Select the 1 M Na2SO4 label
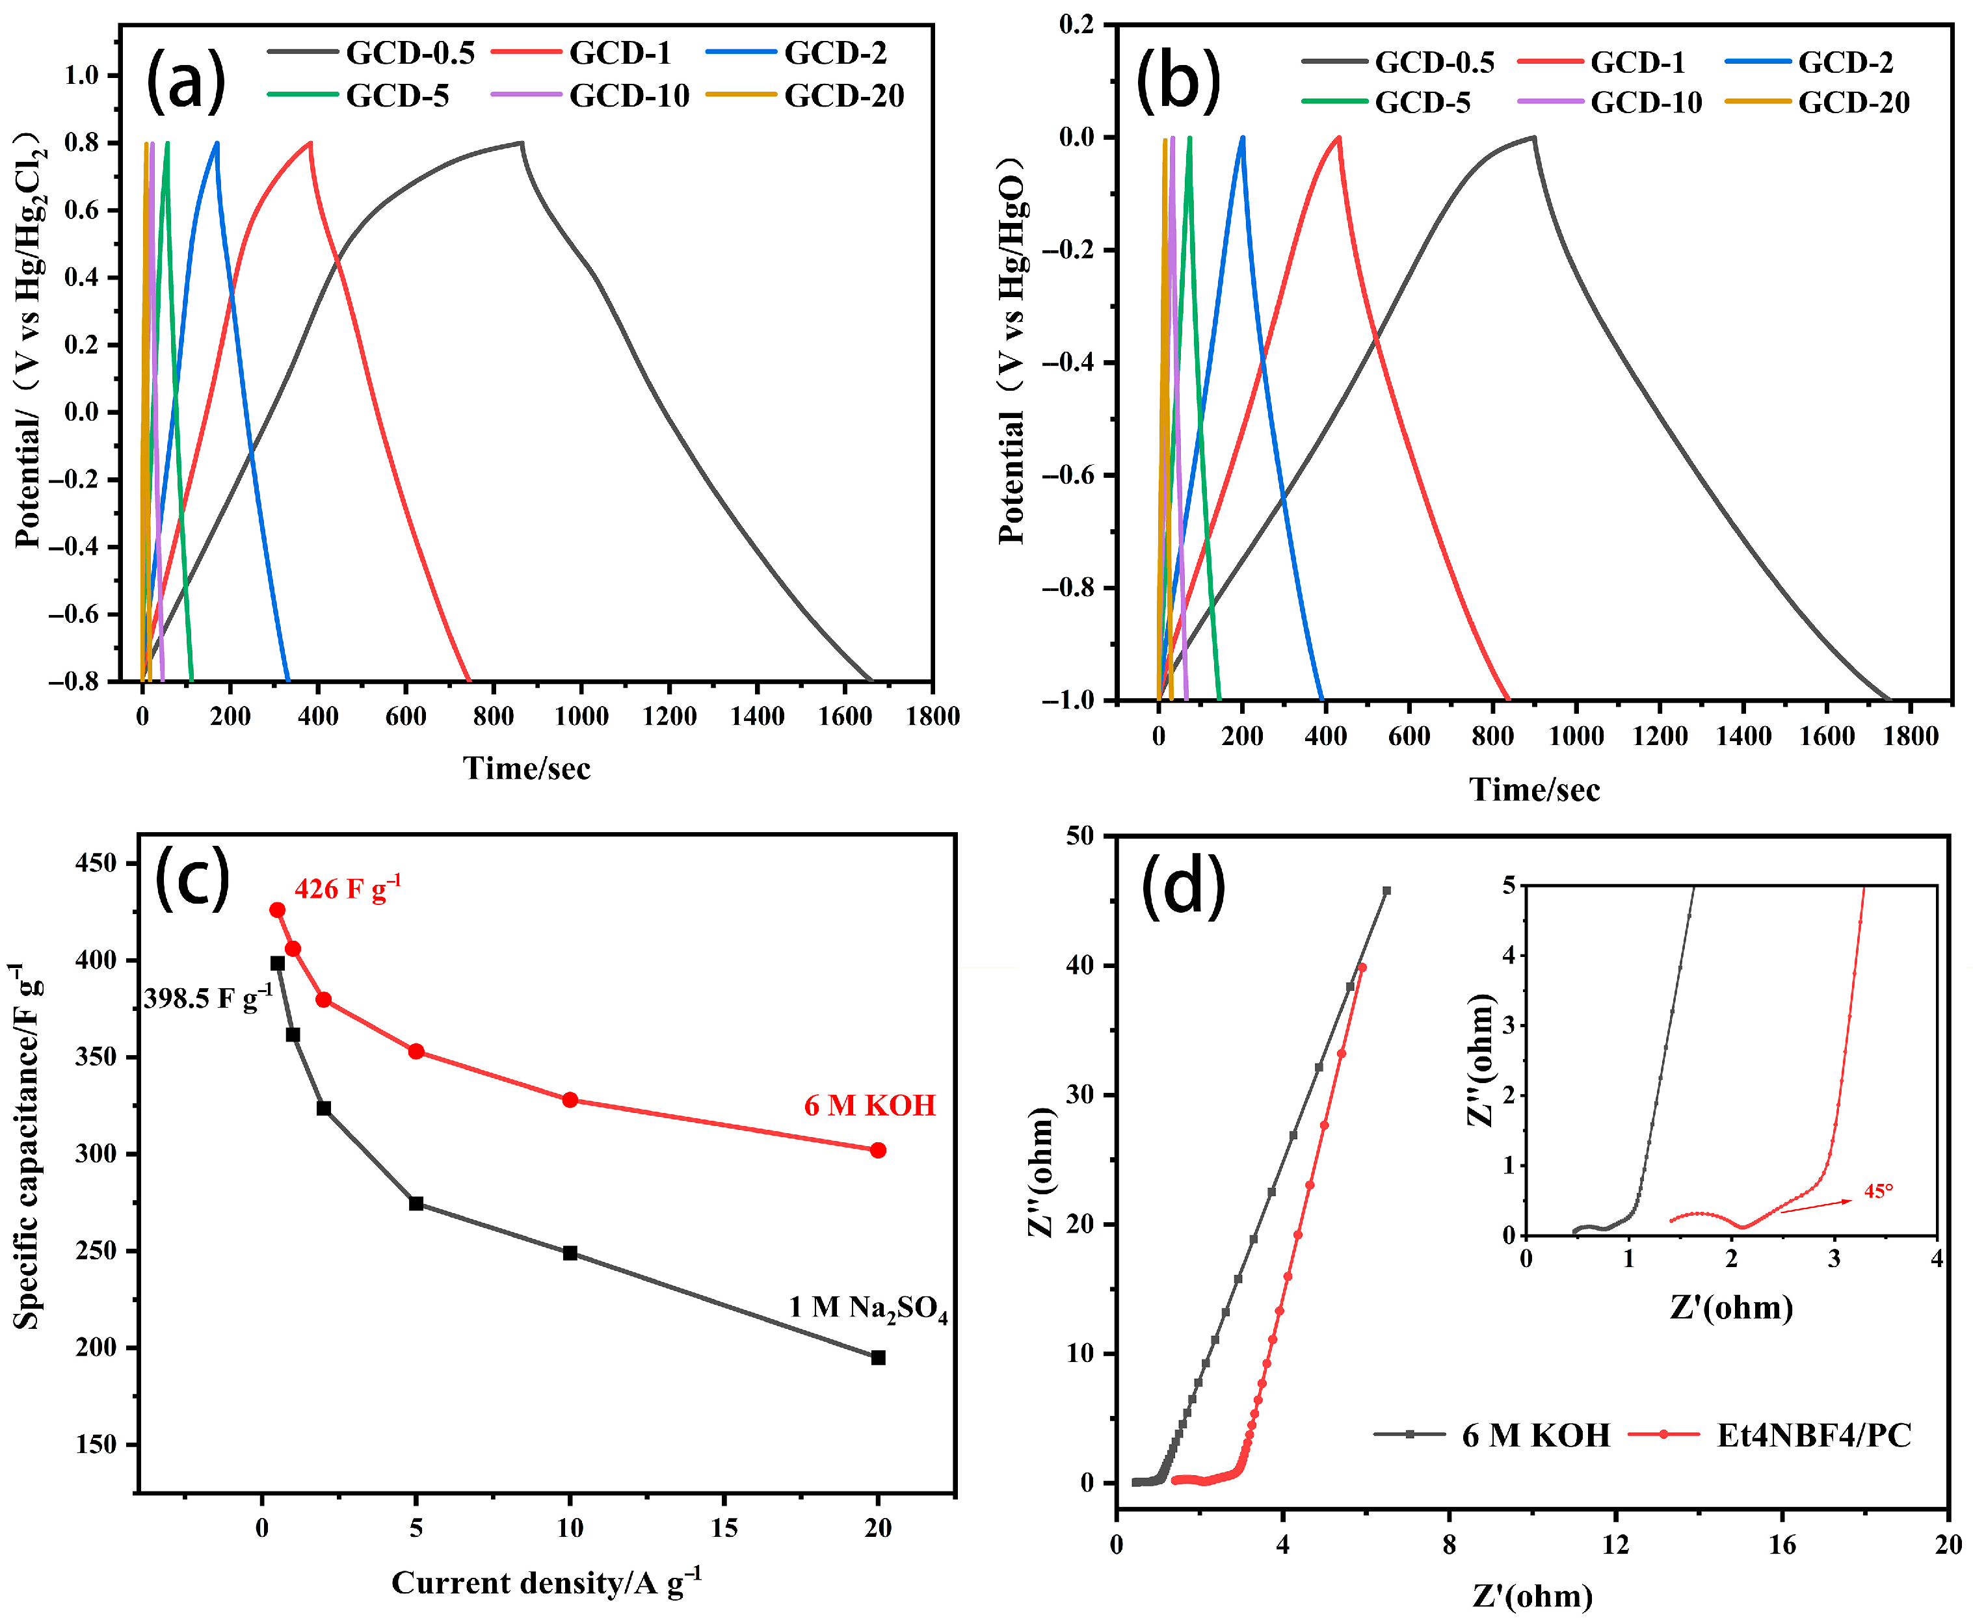pos(867,1308)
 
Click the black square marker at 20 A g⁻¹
pos(877,1357)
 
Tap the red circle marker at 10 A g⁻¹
pos(570,1100)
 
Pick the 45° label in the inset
pos(1877,1191)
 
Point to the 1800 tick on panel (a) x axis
pos(932,716)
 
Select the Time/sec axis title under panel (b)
pos(1534,789)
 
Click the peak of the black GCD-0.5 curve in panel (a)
pos(520,143)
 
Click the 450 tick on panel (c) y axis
pos(96,863)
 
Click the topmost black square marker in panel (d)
pos(1386,891)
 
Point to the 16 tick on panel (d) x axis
pos(1781,1545)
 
